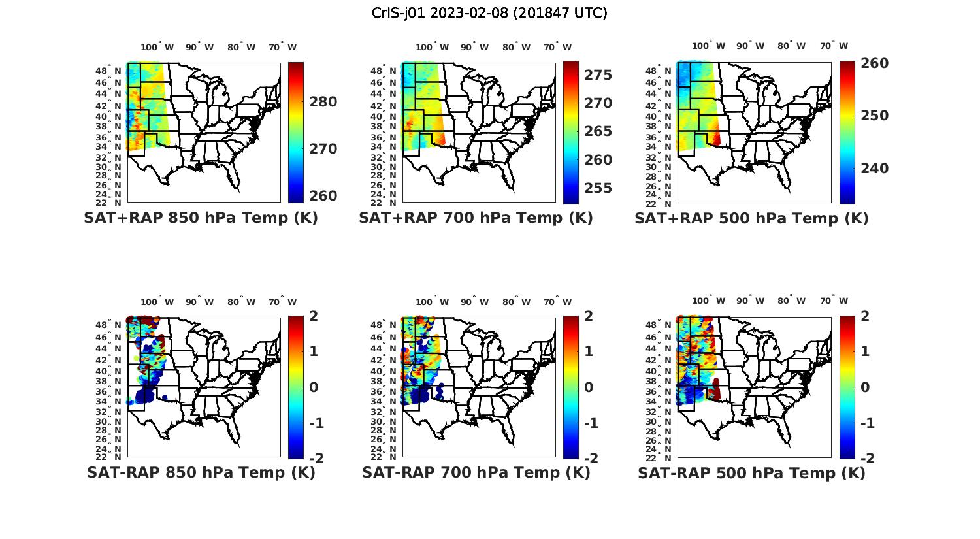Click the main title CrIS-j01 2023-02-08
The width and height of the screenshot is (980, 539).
489,12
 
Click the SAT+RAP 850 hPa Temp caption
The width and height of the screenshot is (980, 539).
201,218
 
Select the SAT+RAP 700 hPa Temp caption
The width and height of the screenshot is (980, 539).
476,218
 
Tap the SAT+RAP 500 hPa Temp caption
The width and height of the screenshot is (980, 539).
751,218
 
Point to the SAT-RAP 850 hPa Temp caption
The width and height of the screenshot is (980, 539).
201,472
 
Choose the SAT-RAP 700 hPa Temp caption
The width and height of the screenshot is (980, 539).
476,472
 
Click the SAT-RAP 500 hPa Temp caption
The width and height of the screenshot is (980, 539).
751,472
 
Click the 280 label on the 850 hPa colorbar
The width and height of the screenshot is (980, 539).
323,102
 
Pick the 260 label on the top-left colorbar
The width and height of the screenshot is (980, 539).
323,196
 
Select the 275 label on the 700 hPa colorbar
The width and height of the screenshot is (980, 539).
598,75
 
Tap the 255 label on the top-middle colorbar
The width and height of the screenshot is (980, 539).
598,188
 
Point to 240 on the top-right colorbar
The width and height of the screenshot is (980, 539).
875,169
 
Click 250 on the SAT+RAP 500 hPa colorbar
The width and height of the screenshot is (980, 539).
875,116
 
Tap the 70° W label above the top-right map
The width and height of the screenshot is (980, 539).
834,46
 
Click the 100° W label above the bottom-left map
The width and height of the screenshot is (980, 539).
157,302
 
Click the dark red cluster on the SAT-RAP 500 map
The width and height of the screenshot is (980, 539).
714,390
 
